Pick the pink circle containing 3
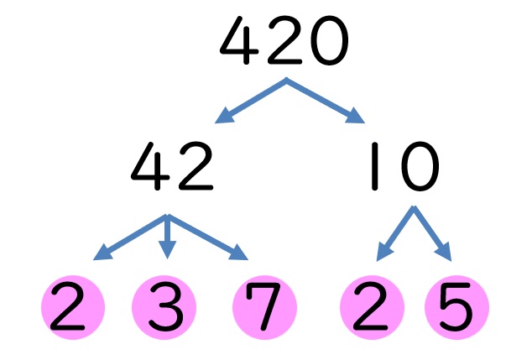(164, 308)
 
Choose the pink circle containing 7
(265, 308)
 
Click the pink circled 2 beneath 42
(73, 308)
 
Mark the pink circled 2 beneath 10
(373, 308)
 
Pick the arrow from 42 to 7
(210, 237)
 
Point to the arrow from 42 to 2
(128, 237)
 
